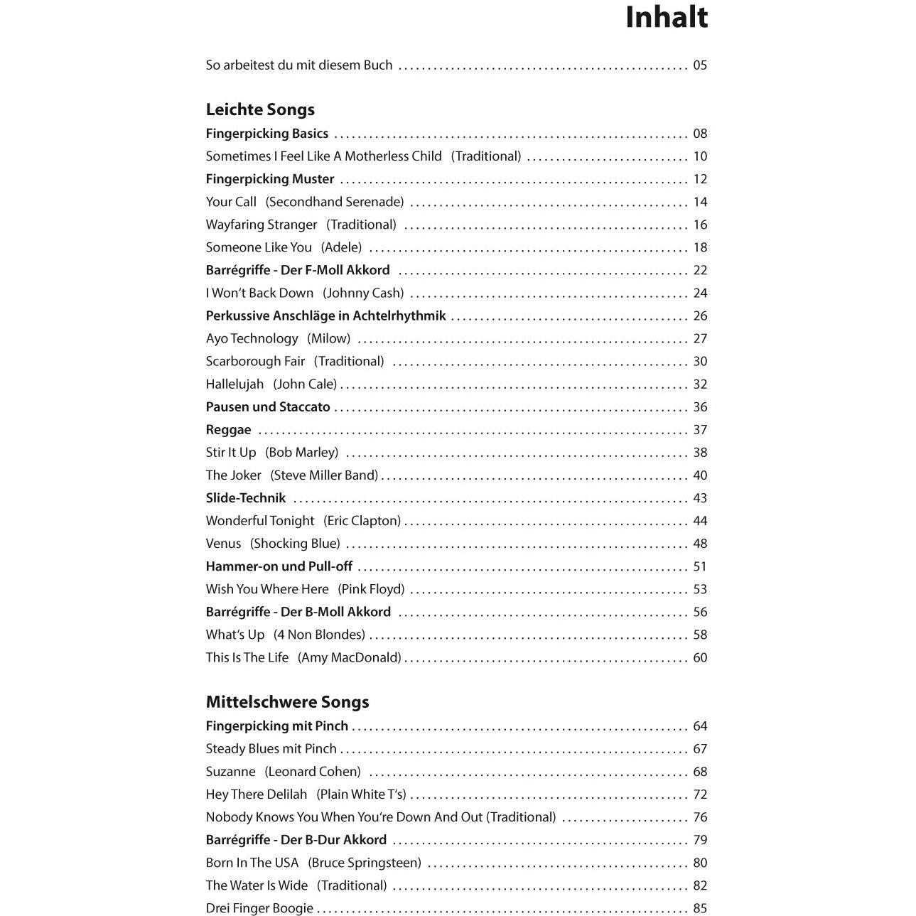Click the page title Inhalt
tap(666, 18)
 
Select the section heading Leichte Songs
tap(260, 109)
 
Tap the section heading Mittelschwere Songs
tap(287, 702)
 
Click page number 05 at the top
tap(700, 65)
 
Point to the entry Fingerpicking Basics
tap(267, 134)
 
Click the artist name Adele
tap(341, 247)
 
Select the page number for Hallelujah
tap(700, 384)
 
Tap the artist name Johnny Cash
tap(363, 293)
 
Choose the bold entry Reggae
tap(228, 430)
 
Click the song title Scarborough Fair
tap(255, 362)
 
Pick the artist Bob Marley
tap(301, 453)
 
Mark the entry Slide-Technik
tap(246, 498)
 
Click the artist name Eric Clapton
tap(362, 521)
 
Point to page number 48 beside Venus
tap(700, 544)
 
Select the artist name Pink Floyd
tap(371, 589)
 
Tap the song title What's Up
tap(235, 635)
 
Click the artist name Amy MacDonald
tap(350, 657)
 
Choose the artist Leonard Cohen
tap(313, 772)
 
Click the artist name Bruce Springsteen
tap(365, 863)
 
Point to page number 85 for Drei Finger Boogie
tap(700, 908)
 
